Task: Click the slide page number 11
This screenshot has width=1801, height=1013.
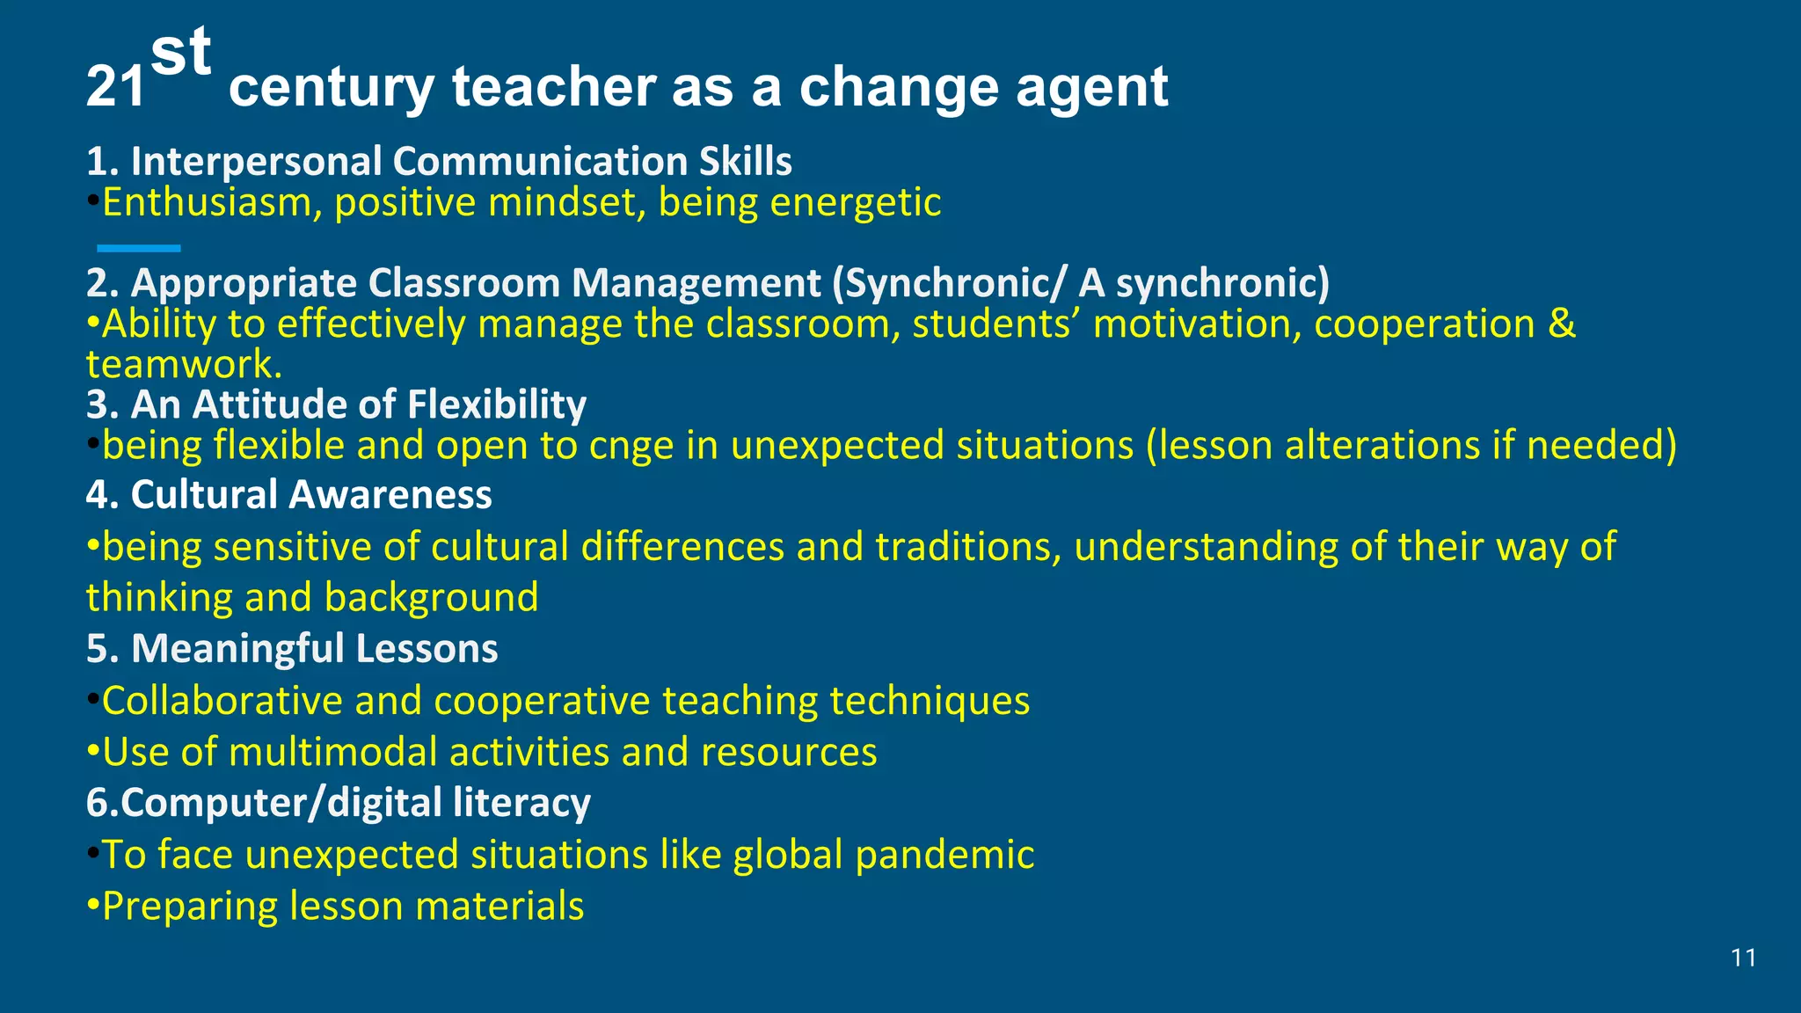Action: coord(1743,958)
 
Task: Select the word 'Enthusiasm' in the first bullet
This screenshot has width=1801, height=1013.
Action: coord(206,203)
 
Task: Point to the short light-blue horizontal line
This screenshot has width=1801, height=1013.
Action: coord(138,249)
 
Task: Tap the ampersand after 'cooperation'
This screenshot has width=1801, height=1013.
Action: coord(1561,324)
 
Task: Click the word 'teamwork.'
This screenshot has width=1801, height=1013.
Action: coord(184,364)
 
